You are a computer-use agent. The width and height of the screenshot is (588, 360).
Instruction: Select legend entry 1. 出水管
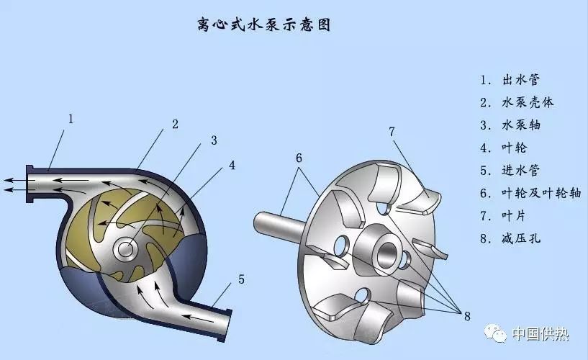pyautogui.click(x=507, y=79)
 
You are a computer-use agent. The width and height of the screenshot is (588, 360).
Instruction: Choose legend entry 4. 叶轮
pyautogui.click(x=505, y=148)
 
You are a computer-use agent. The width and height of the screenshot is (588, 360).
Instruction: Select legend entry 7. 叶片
pyautogui.click(x=505, y=217)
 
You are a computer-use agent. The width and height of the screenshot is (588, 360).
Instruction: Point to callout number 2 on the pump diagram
pyautogui.click(x=175, y=124)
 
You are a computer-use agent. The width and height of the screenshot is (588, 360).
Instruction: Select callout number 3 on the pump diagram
pyautogui.click(x=214, y=140)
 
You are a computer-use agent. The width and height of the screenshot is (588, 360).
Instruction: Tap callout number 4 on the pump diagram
pyautogui.click(x=232, y=165)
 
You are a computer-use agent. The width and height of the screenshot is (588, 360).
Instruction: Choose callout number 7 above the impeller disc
pyautogui.click(x=392, y=131)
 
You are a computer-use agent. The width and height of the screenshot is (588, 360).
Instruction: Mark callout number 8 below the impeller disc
pyautogui.click(x=466, y=315)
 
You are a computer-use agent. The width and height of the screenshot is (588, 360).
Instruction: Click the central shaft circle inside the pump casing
pyautogui.click(x=127, y=249)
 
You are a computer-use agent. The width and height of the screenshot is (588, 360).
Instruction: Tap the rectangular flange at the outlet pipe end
pyautogui.click(x=30, y=184)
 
